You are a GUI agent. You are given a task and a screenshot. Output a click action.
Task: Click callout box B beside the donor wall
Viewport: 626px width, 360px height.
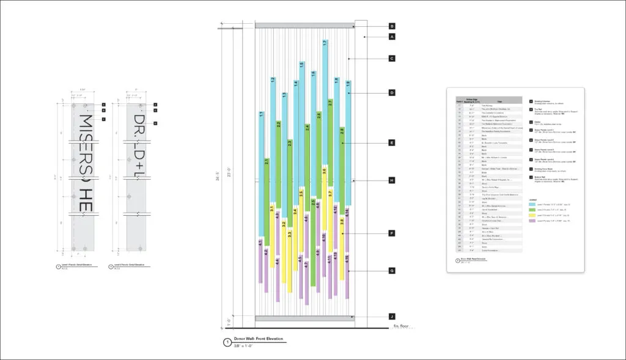392,26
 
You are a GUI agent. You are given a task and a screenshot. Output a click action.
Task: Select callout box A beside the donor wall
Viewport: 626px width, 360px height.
392,37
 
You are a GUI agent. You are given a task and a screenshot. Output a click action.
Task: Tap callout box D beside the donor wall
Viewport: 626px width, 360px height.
392,93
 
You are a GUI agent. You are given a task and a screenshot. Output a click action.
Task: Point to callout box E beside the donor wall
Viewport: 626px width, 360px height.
392,143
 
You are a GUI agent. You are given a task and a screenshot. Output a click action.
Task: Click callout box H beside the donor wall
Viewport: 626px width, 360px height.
392,180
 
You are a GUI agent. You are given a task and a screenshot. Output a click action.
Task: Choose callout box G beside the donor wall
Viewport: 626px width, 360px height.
392,271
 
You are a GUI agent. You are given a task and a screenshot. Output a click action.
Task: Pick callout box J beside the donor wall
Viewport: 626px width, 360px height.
392,317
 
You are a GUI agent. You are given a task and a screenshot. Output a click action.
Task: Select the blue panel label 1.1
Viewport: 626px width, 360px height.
261,114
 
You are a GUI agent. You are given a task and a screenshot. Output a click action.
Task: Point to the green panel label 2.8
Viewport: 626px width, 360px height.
342,131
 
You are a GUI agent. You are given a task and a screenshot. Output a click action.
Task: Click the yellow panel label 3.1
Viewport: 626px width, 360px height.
272,210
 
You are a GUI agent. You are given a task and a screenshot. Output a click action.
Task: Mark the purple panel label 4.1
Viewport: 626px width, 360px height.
260,243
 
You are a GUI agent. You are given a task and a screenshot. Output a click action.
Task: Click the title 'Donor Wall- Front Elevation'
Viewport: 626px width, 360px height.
259,339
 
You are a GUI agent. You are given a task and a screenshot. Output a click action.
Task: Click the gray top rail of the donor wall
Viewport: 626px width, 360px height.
304,26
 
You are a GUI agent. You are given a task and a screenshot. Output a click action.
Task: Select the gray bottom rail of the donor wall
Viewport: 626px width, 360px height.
304,318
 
